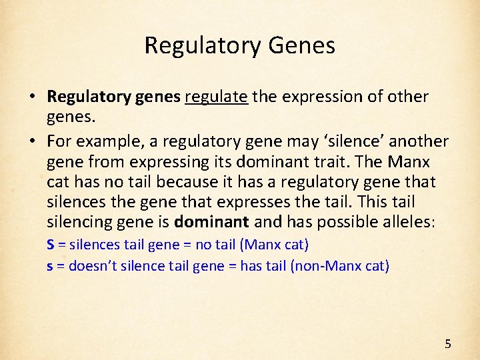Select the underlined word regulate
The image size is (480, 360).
click(217, 97)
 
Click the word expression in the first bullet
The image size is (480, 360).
click(316, 97)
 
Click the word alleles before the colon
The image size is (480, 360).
click(404, 221)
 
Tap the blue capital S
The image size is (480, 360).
click(51, 245)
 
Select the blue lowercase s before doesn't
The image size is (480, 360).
click(50, 266)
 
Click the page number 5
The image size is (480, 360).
click(448, 344)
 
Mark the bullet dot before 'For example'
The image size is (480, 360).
click(32, 142)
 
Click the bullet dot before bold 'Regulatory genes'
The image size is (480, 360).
click(32, 97)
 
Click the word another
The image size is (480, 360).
click(419, 142)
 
